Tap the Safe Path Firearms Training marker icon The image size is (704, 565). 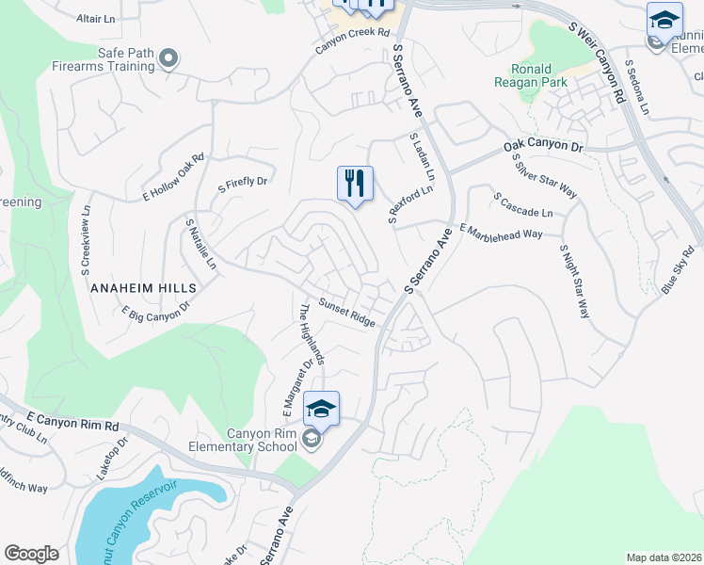[x=169, y=59]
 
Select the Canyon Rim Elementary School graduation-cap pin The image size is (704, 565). [x=321, y=409]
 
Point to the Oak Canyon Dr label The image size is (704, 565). [x=543, y=146]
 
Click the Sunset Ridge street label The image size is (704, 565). [x=346, y=313]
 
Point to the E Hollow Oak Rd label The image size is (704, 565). [x=173, y=177]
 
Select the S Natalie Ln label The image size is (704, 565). [x=200, y=242]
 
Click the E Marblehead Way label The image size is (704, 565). [x=500, y=234]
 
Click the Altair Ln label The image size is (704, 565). [x=95, y=18]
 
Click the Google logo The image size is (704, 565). [x=31, y=554]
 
